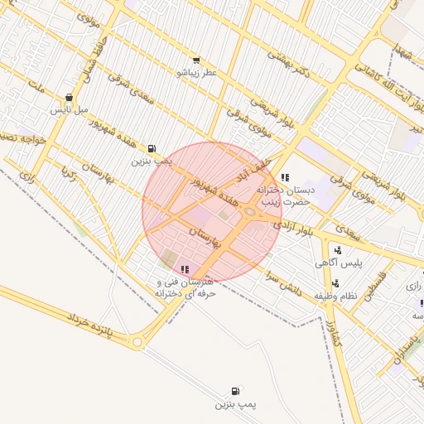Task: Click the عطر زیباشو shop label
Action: (196, 73)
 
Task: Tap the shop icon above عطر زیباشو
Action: (196, 60)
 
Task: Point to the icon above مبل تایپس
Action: (69, 97)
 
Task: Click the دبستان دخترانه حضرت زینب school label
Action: (286, 195)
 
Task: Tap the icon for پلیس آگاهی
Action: (338, 250)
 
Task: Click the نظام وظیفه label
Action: (335, 296)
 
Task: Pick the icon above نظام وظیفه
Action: (335, 283)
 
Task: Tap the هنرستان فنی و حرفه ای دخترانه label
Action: (185, 287)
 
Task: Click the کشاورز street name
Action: (332, 328)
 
